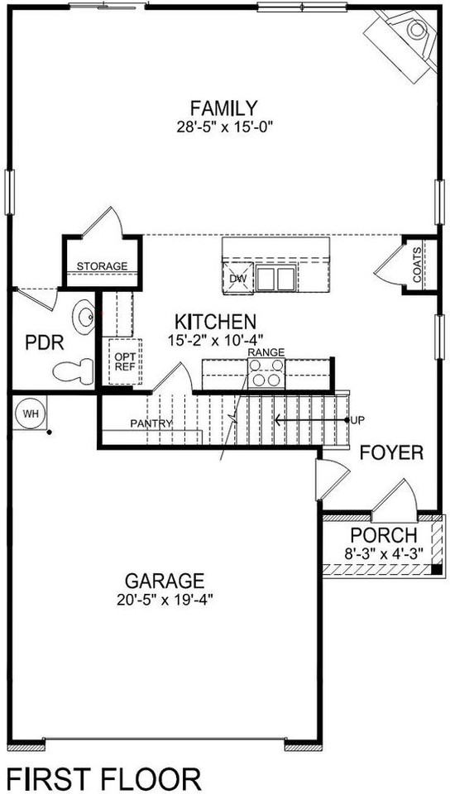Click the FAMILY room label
coord(223,108)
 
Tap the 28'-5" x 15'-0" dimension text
coord(223,127)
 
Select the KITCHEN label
coord(213,321)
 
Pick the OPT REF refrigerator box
coord(125,360)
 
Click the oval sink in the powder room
coord(85,317)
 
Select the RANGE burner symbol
coord(266,375)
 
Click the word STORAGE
coord(102,266)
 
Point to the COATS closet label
coord(416,265)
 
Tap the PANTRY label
coord(151,423)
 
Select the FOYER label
coord(391,452)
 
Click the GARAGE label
coord(165,580)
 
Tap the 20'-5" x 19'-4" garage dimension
coord(165,599)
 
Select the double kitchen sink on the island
coord(275,278)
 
